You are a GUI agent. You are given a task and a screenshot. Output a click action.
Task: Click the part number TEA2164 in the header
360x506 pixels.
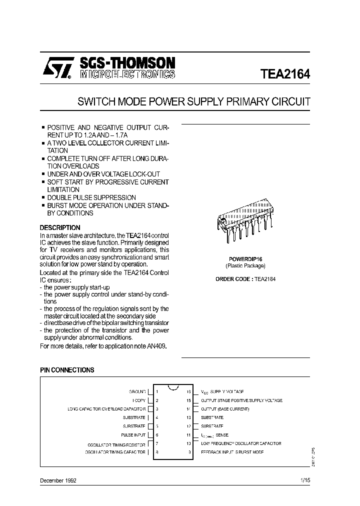tap(285, 74)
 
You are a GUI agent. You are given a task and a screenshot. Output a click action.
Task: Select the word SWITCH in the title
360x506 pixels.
tap(95, 101)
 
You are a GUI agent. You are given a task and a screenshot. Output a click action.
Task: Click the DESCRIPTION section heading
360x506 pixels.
tap(60, 227)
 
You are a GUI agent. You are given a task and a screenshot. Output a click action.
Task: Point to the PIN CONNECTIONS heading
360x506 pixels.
tap(67, 370)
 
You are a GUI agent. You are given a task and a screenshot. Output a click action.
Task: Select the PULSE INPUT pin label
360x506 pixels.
tap(133, 435)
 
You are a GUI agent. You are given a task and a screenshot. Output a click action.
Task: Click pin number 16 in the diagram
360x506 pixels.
tap(188, 392)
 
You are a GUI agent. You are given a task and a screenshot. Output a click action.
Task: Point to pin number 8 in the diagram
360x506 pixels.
tap(156, 452)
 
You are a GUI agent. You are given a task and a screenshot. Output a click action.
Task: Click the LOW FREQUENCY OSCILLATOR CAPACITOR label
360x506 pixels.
tap(241, 443)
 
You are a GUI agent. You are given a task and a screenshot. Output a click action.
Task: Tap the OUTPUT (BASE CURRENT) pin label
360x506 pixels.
tap(225, 409)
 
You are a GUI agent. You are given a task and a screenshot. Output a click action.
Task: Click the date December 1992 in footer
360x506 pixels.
tap(58, 480)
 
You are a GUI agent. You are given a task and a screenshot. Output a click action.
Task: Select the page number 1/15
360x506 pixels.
tap(305, 480)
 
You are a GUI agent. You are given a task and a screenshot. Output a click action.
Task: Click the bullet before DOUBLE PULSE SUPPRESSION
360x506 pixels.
tap(43, 198)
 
